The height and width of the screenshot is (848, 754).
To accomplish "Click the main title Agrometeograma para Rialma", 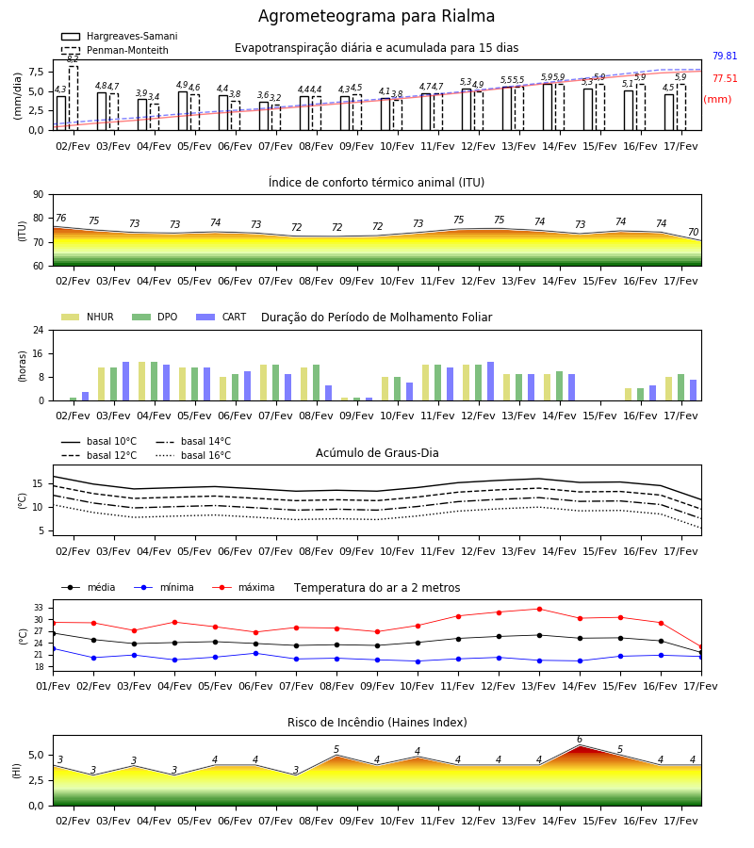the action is click(x=376, y=16).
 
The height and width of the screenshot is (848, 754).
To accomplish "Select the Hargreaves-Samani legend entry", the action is click(x=120, y=36).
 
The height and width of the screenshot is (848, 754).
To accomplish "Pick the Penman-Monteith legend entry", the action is click(x=115, y=50).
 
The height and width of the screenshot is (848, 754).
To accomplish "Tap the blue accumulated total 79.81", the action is click(x=725, y=56).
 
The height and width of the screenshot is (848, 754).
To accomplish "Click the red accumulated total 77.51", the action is click(x=725, y=78).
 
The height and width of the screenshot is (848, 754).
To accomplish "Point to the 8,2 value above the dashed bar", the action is click(x=73, y=59).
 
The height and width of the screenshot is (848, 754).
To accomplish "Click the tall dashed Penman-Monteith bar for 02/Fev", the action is click(x=73, y=98).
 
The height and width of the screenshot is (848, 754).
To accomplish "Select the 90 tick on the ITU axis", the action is click(x=39, y=195).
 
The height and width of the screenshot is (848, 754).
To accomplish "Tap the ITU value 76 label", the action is click(x=60, y=218).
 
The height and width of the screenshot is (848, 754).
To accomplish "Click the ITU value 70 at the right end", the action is click(x=693, y=232).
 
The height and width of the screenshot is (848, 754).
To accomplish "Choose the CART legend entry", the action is click(x=221, y=317).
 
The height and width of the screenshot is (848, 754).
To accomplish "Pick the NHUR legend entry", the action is click(x=88, y=317).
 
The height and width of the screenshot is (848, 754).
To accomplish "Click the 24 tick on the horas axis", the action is click(x=39, y=330).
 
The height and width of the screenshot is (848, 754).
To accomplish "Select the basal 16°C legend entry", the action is click(x=193, y=455).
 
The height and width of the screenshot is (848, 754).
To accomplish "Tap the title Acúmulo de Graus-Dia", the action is click(x=377, y=452).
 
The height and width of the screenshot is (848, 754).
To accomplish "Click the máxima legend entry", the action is click(x=243, y=587).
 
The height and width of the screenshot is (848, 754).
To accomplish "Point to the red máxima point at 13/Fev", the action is click(x=539, y=609).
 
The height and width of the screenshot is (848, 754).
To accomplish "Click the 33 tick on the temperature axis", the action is click(x=39, y=608).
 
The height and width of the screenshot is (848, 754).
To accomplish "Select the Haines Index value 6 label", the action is click(x=580, y=740).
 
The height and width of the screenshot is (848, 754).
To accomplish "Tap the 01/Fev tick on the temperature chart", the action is click(x=53, y=686).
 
